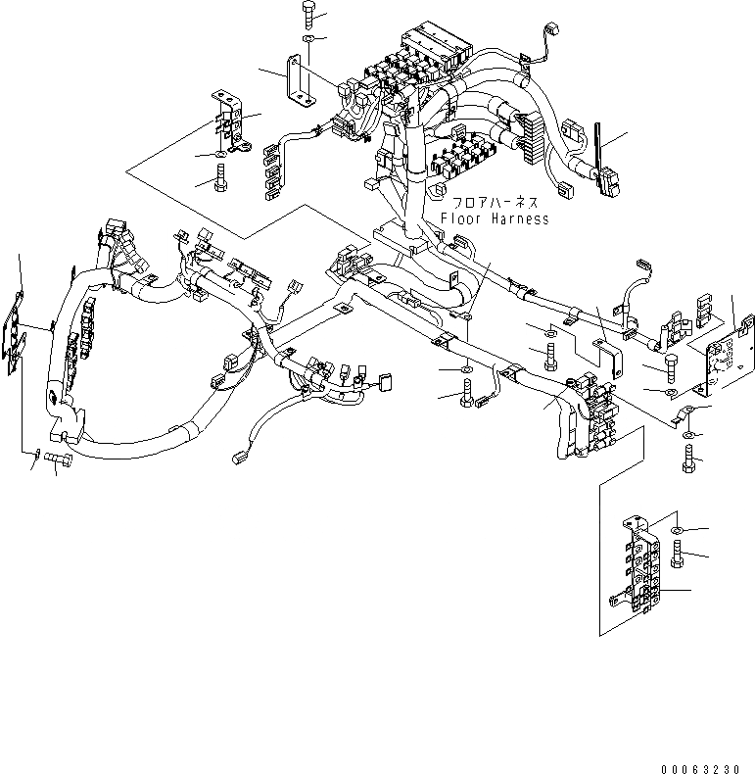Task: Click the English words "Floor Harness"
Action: (x=495, y=218)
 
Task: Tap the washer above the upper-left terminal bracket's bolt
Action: (x=220, y=155)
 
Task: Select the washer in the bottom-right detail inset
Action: (x=678, y=530)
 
